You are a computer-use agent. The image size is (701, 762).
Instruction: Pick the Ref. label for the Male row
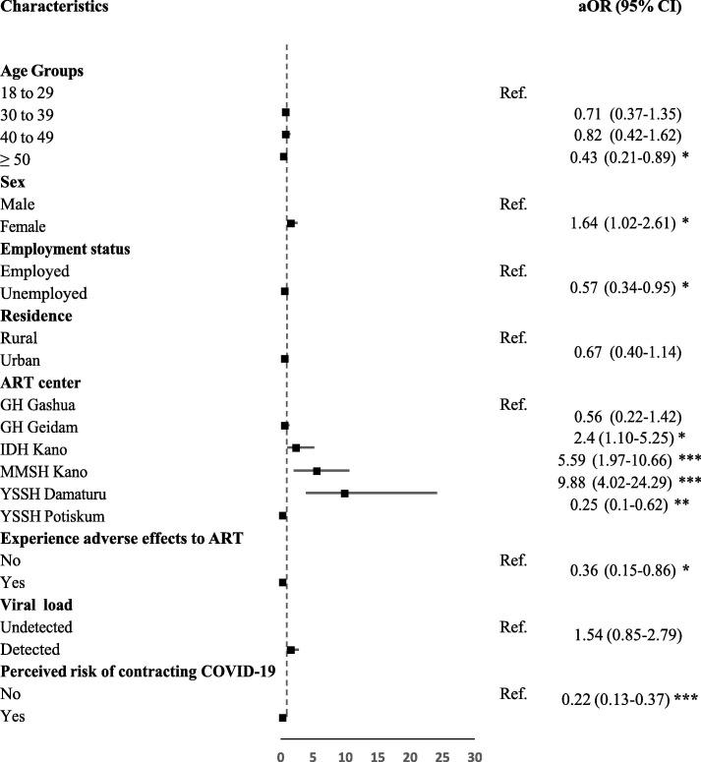click(513, 205)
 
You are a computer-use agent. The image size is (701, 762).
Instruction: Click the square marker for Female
click(291, 225)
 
